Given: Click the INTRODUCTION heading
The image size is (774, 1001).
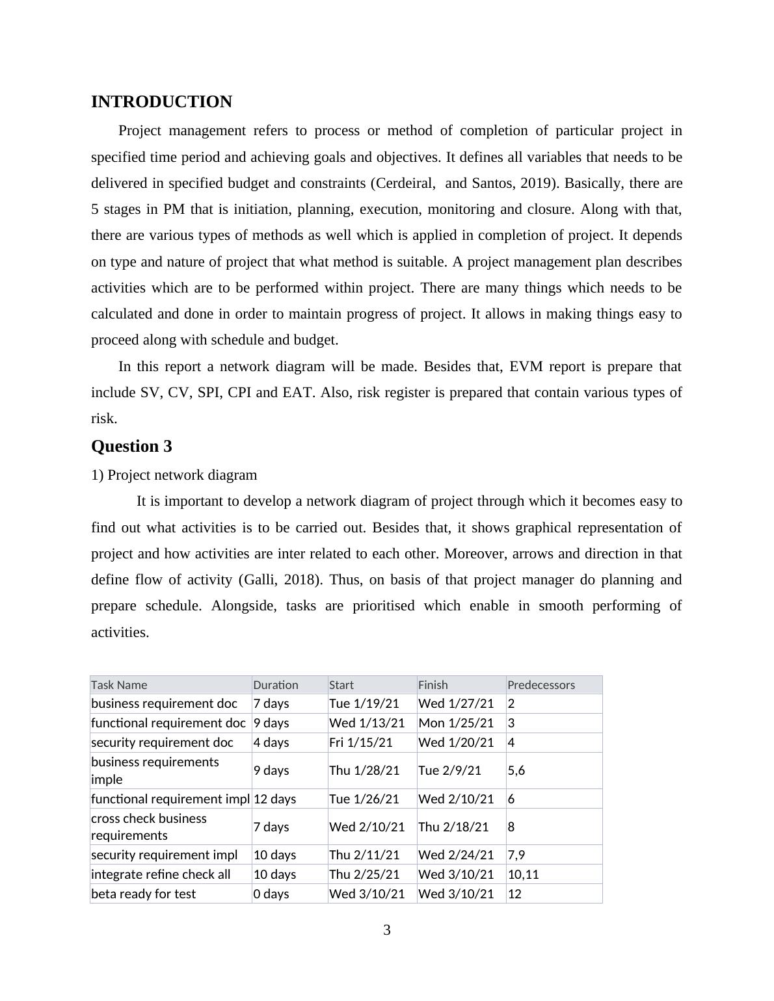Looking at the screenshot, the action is point(161,102).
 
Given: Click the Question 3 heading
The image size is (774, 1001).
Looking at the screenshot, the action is point(131,447).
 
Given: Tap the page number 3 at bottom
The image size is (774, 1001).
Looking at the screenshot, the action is point(387,930).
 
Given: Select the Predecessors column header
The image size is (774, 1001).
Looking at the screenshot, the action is point(541,685).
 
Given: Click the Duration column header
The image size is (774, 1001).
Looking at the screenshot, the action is point(276,685).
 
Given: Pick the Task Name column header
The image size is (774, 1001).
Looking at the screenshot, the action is point(119,685).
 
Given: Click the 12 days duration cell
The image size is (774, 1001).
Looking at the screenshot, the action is point(274,799).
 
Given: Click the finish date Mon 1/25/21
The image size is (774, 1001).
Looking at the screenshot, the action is point(456,723).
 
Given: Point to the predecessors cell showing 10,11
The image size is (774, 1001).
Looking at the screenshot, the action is point(523,874).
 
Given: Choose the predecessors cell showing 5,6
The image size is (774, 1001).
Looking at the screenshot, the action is point(516,770).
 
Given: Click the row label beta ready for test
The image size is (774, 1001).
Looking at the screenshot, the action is point(143,894).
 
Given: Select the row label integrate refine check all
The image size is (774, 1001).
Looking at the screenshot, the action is point(161,874).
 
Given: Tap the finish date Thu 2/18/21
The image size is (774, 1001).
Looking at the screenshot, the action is point(453,827).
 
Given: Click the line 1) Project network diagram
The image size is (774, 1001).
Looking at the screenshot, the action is point(174,475).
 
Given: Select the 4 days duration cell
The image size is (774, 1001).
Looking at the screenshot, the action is point(271,742).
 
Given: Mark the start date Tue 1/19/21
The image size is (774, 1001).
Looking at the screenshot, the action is point(364,703).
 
